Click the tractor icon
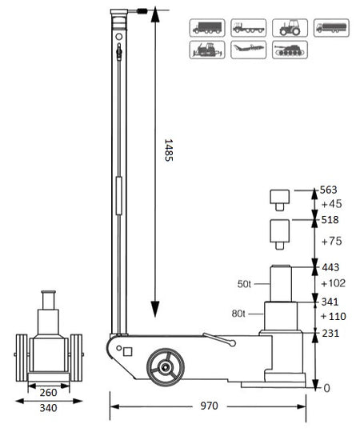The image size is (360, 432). [x=286, y=27]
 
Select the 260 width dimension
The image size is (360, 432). [x=48, y=393]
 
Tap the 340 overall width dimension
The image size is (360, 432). [x=48, y=408]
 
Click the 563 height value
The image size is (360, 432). [x=329, y=190]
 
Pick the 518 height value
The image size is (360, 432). [x=329, y=218]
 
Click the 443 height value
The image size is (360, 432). [x=329, y=267]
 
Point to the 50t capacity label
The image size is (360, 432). [x=246, y=284]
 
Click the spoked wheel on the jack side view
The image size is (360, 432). [x=166, y=366]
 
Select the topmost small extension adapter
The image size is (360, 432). [x=279, y=198]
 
